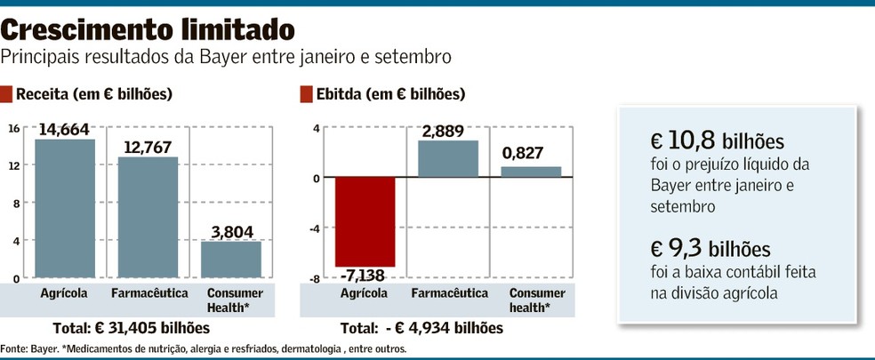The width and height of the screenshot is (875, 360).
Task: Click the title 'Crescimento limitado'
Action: click(x=148, y=30)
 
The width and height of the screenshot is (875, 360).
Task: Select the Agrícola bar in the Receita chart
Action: click(x=65, y=208)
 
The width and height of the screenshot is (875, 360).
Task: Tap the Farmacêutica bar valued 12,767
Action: click(x=148, y=217)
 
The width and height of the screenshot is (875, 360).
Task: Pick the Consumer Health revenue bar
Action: click(x=230, y=260)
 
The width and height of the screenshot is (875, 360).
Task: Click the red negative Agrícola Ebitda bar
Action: click(x=365, y=221)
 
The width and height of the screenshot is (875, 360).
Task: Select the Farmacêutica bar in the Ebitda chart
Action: click(x=448, y=159)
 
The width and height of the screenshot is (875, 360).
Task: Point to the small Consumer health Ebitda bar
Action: click(x=532, y=172)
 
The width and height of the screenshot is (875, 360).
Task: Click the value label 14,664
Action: click(x=64, y=130)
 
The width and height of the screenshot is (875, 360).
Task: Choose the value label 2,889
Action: click(x=447, y=132)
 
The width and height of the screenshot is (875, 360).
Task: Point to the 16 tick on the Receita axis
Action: click(x=13, y=128)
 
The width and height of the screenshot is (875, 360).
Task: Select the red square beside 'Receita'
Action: click(x=7, y=93)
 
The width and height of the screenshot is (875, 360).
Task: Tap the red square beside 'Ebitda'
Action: click(x=307, y=93)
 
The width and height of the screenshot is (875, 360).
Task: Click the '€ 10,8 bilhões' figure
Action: click(x=717, y=142)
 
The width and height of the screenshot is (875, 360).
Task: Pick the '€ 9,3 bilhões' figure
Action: click(x=710, y=248)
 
